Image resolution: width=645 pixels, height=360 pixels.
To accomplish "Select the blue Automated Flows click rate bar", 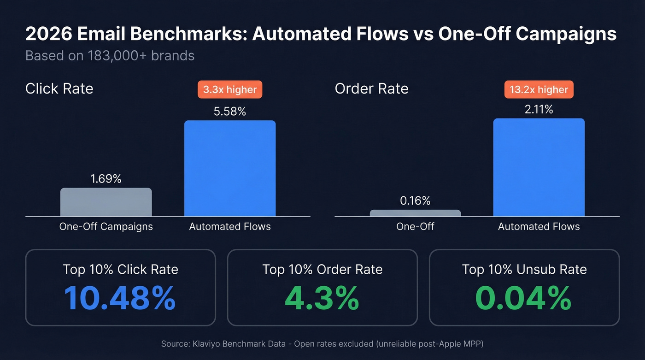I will click(230, 168).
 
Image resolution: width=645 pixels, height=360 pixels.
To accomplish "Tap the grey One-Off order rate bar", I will click(415, 213).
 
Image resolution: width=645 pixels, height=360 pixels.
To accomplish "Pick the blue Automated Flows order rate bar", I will click(539, 167).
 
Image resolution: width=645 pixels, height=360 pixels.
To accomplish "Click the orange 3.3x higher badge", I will click(230, 89).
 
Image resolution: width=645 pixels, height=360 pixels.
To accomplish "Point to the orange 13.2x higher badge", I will click(539, 89).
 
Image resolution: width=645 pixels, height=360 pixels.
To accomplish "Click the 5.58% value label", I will click(230, 111).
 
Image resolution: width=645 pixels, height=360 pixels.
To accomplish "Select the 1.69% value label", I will click(106, 179).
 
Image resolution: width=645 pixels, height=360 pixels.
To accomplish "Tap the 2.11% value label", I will click(539, 109).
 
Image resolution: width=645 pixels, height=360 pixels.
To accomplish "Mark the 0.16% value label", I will click(415, 201).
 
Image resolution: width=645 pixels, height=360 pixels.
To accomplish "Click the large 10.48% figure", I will click(120, 298).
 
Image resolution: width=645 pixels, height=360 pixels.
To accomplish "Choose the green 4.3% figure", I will click(322, 298).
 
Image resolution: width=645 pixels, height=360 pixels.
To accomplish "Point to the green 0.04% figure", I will click(524, 298).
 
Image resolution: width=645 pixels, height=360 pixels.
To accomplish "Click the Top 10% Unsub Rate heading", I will click(524, 269).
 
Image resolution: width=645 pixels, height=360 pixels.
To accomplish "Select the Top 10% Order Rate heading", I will click(322, 269).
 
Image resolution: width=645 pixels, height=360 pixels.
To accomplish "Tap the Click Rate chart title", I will click(59, 89).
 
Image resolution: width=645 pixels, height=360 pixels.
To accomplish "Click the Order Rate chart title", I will click(371, 89).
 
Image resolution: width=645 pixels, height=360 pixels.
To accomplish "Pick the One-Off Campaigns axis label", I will click(106, 227).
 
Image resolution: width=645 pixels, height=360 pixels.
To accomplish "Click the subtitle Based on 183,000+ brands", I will click(110, 56).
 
